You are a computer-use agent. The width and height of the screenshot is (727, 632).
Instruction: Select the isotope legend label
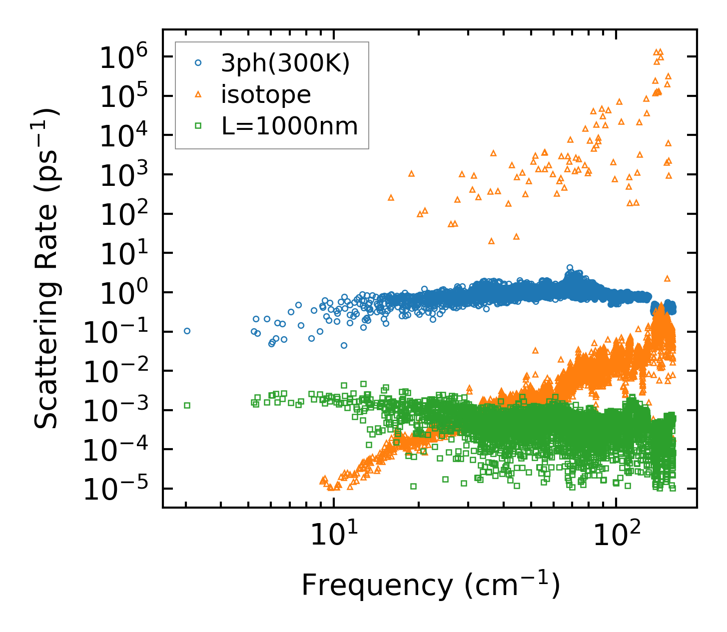(266, 95)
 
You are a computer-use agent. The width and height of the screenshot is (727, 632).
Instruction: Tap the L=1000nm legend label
(290, 126)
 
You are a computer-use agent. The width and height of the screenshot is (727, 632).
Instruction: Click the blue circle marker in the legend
(198, 63)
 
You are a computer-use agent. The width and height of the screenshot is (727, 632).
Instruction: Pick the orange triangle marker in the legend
(198, 94)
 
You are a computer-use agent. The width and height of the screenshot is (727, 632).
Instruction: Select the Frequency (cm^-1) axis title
(430, 585)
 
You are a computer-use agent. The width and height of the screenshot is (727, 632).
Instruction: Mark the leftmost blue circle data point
(187, 331)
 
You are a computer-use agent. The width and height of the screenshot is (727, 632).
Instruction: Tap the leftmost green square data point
(187, 405)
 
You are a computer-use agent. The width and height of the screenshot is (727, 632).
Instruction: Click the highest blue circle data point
(570, 268)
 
